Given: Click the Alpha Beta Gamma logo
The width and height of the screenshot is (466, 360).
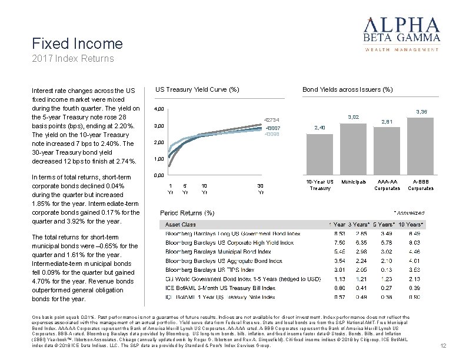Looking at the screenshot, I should tap(402, 32).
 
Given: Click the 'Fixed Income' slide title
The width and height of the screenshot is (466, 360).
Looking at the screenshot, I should tap(78, 44).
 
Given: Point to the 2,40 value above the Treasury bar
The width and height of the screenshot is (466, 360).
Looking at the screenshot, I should tap(319, 127).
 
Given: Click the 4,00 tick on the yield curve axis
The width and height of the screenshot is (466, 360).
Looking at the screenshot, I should tap(158, 109).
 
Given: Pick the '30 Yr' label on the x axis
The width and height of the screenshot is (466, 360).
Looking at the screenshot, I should tap(261, 188).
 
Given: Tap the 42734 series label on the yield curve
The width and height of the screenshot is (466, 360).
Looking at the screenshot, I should tap(271, 119).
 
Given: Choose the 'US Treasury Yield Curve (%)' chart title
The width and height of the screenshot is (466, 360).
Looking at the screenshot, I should tap(197, 89).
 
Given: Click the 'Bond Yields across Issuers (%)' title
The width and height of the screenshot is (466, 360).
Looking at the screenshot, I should tap(347, 89).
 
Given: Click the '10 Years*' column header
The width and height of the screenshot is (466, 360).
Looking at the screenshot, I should tap(410, 225).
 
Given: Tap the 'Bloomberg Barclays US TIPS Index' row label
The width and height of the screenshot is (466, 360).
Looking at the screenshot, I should tap(210, 269).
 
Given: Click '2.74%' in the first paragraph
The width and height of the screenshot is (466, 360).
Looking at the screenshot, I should tap(124, 161).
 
